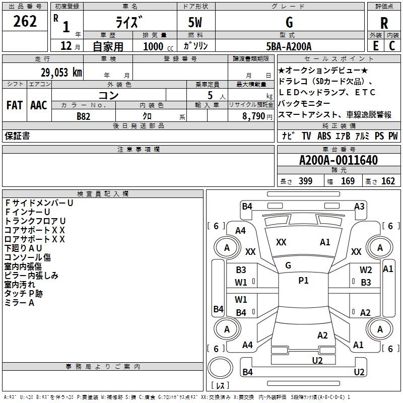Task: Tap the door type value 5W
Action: (x=195, y=23)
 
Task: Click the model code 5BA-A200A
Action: (x=289, y=46)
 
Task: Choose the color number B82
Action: (x=84, y=116)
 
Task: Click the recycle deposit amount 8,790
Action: (x=250, y=116)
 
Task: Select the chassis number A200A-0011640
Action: (x=338, y=161)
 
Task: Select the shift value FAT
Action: (x=14, y=105)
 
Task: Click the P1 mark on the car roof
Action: (x=303, y=281)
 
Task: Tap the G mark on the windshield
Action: (x=288, y=265)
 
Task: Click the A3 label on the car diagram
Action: (x=359, y=206)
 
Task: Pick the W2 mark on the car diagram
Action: (x=366, y=271)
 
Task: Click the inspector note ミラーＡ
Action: (x=19, y=303)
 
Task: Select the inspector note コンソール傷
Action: (x=28, y=257)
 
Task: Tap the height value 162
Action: (x=388, y=181)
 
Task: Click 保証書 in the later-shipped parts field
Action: (x=17, y=136)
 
